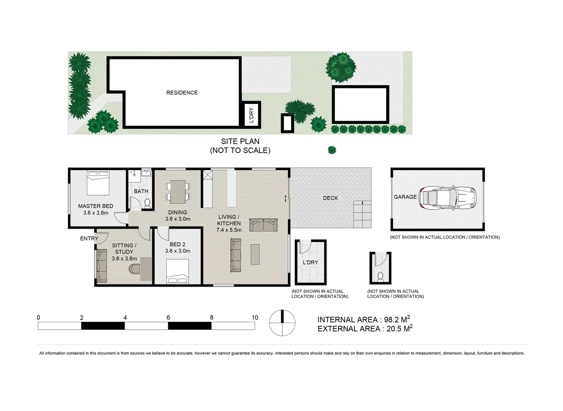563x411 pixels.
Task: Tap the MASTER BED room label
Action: point(96,206)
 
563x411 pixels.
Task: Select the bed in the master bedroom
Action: point(98,183)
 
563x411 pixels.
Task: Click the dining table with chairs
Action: point(178,192)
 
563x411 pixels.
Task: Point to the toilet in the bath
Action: point(147,202)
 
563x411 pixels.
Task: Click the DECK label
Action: point(331,198)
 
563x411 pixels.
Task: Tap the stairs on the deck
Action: point(362,214)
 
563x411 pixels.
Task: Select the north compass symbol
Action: point(282,323)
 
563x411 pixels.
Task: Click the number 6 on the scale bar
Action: point(168,317)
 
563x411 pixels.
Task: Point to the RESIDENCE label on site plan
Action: point(182,92)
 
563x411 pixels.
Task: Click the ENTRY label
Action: point(89,239)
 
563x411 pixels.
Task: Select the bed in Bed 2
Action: point(178,271)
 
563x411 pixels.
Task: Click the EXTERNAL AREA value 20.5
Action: point(394,329)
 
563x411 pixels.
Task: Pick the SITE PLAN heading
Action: point(240,141)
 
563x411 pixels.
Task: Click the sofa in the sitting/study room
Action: point(101,266)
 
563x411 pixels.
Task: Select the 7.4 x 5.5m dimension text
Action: point(229,230)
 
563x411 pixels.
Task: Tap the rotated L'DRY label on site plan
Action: point(251,115)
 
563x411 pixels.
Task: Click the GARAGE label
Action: point(405,197)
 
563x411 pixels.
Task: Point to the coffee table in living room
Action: point(255,254)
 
